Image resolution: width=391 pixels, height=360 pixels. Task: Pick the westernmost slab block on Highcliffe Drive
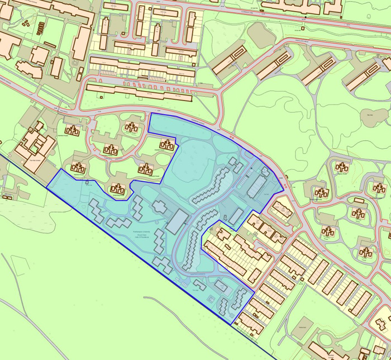point(229,59)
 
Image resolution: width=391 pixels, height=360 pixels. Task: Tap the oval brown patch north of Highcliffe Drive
point(258,35)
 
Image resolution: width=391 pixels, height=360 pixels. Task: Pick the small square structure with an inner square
point(221,286)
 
